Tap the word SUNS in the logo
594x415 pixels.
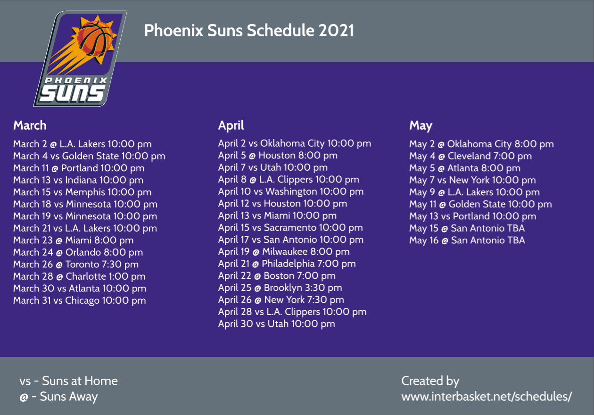click(73, 93)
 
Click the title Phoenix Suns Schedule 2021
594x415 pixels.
click(249, 30)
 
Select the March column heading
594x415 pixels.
click(30, 125)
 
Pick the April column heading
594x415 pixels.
click(231, 126)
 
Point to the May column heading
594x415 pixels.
click(421, 126)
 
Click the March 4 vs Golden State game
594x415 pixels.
click(89, 156)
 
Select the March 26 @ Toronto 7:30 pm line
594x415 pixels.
click(76, 264)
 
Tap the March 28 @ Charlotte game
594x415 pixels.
click(79, 276)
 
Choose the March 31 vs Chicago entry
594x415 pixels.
click(80, 300)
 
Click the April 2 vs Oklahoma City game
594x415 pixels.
click(295, 143)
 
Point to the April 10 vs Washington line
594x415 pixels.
click(291, 191)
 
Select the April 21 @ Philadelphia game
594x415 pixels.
click(287, 264)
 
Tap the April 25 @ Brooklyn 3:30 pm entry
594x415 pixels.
click(280, 288)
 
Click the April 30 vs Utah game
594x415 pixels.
click(277, 324)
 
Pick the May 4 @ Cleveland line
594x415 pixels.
click(470, 156)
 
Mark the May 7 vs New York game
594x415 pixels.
click(472, 180)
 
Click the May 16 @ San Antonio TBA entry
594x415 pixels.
click(467, 241)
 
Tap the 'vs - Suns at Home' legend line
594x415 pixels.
click(68, 381)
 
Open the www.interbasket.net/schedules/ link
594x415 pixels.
click(487, 397)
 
